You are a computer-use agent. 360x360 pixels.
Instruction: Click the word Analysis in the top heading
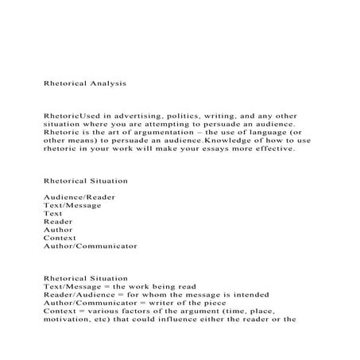pos(106,82)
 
